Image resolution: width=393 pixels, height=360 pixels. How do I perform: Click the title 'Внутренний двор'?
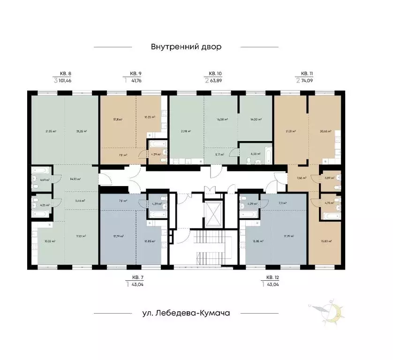click(186, 47)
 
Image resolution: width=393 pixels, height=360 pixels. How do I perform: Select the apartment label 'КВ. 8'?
click(65, 73)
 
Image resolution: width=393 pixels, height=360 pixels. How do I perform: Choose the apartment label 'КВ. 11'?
click(307, 73)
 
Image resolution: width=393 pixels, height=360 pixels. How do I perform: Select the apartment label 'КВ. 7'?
click(137, 277)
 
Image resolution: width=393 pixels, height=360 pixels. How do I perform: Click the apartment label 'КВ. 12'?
click(272, 277)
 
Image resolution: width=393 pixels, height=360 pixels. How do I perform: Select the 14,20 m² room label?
click(256, 120)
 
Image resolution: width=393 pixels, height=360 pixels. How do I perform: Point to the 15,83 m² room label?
click(326, 241)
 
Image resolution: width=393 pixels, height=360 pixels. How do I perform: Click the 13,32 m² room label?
click(50, 241)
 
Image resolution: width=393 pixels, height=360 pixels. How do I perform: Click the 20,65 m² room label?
click(326, 131)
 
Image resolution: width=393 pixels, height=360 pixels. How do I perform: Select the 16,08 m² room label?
click(222, 120)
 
